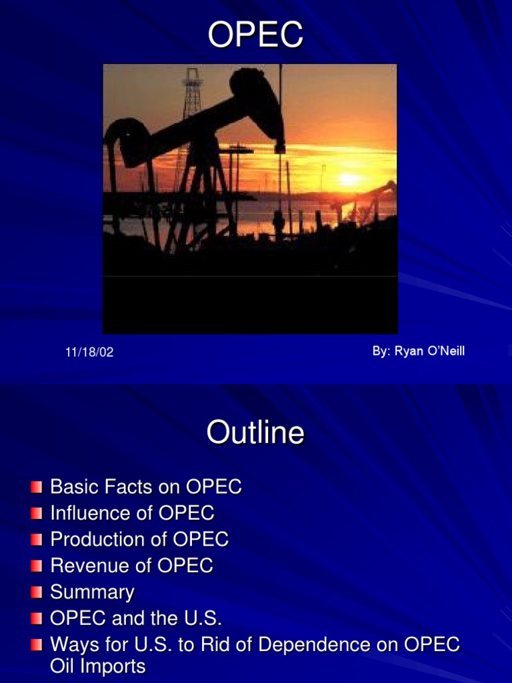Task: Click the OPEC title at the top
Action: pos(255,35)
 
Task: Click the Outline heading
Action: pos(255,433)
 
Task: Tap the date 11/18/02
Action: pos(89,353)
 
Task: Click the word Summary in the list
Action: pos(92,592)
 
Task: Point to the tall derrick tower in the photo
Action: pos(192,93)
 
